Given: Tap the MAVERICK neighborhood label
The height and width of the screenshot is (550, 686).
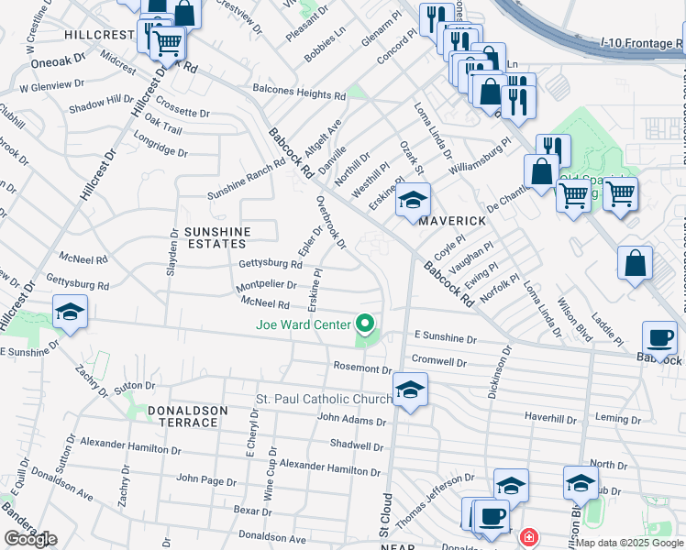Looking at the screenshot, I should [x=451, y=222].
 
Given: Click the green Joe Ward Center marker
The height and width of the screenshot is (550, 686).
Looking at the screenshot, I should [x=365, y=324].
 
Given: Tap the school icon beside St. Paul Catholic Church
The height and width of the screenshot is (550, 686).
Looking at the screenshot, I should [x=410, y=390].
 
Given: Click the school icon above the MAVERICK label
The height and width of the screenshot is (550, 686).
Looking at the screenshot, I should [x=413, y=200].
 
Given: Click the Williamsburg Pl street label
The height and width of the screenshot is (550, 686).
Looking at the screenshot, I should [x=479, y=158].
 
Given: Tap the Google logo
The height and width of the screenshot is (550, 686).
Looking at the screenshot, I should [x=30, y=538].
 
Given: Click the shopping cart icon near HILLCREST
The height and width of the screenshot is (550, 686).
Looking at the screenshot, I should [x=167, y=41].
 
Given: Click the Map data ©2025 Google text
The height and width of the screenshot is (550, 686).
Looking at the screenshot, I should [x=629, y=543].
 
